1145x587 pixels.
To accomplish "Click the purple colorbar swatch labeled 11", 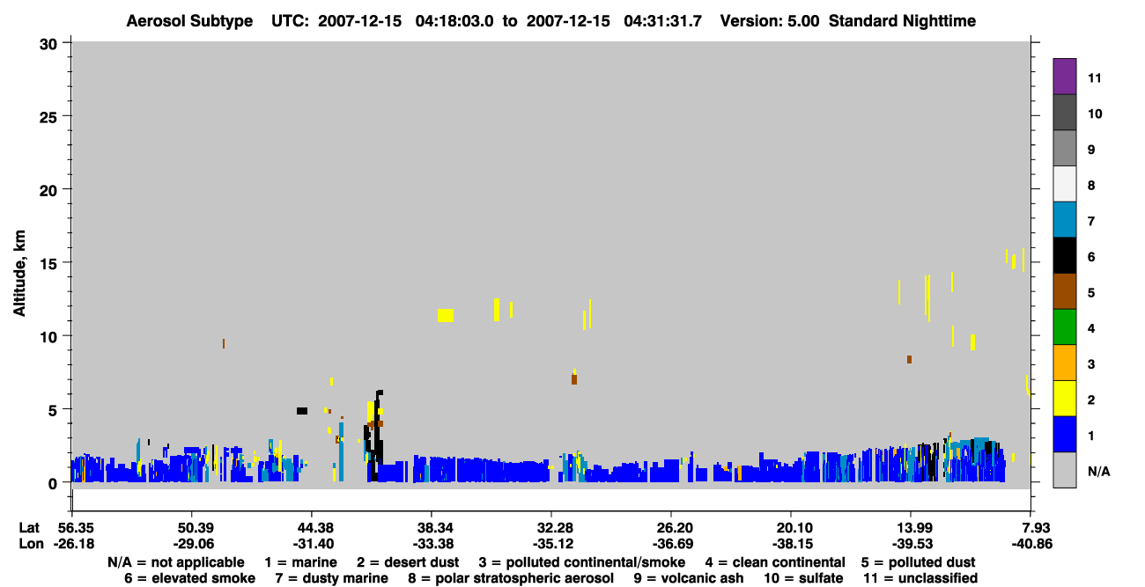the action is point(1064,76).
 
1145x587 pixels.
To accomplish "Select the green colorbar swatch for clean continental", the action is point(1064,327).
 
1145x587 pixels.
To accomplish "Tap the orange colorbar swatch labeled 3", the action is point(1064,363).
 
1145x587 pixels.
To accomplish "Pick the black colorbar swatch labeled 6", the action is point(1064,255).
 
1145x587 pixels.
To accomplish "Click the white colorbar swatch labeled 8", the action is point(1064,184).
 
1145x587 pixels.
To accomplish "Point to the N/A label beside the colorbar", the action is point(1098,471).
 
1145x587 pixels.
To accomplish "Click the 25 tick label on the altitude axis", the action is point(48,118).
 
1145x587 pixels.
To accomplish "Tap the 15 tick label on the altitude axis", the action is point(48,264).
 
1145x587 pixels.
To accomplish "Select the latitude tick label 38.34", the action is point(432,527).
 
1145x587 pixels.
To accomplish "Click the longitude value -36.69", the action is point(672,544).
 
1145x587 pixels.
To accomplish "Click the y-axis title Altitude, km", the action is point(19,274).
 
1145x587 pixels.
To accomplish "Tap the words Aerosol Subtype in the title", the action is point(189,21).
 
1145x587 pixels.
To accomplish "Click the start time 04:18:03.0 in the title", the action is point(454,21).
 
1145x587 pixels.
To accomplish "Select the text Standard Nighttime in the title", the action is point(902,21).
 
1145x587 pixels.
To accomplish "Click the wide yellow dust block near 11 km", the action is point(445,315).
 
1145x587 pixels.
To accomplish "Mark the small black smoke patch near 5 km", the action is point(302,411).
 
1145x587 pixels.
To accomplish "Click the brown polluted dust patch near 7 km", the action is point(574,379).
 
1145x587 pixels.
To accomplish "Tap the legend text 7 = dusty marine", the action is point(331,578).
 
